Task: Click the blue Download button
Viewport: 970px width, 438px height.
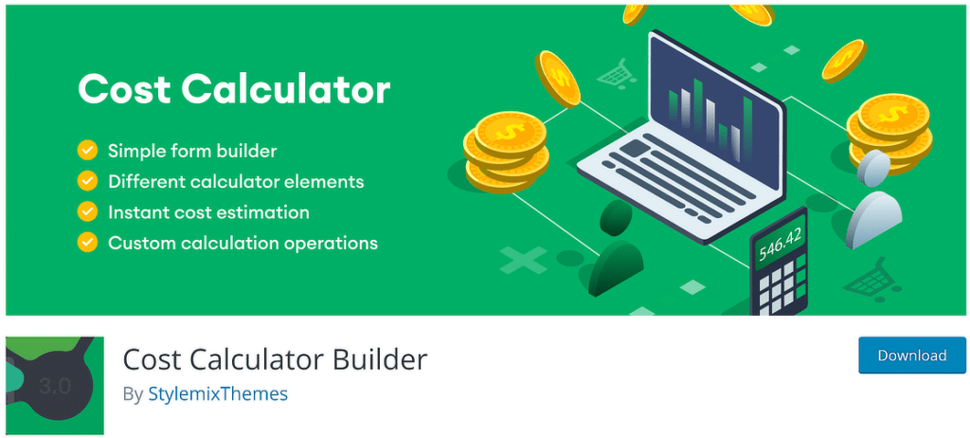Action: pyautogui.click(x=911, y=356)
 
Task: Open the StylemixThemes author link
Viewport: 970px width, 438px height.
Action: pyautogui.click(x=218, y=393)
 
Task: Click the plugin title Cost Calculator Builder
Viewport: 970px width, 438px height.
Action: pyautogui.click(x=275, y=359)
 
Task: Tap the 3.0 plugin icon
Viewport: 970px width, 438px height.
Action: pyautogui.click(x=55, y=385)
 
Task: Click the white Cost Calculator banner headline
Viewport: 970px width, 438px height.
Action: pyautogui.click(x=234, y=89)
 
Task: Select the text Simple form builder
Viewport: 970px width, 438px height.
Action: pyautogui.click(x=192, y=150)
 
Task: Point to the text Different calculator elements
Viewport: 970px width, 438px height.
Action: pyautogui.click(x=236, y=181)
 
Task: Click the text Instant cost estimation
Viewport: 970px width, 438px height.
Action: pyautogui.click(x=208, y=212)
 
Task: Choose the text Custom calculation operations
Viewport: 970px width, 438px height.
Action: pyautogui.click(x=242, y=244)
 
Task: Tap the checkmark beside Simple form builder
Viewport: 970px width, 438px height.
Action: pyautogui.click(x=87, y=150)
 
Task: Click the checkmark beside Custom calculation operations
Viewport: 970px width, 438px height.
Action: pyautogui.click(x=87, y=244)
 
